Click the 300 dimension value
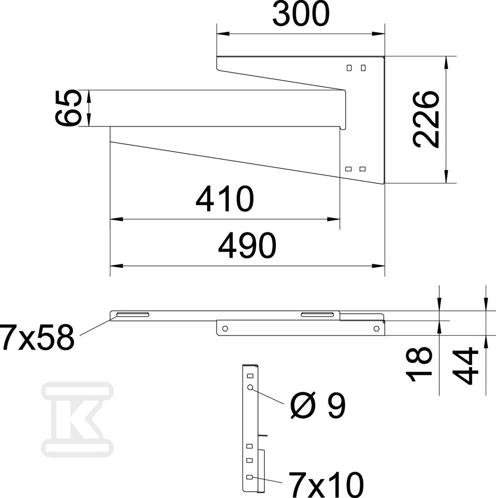tap(301, 15)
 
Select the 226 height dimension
tap(427, 120)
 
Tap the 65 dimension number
tap(67, 107)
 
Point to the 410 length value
tap(224, 199)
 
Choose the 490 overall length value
tap(247, 245)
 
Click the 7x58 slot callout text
tap(37, 337)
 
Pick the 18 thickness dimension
tap(419, 363)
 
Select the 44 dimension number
tap(466, 366)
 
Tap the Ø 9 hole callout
tap(318, 405)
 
